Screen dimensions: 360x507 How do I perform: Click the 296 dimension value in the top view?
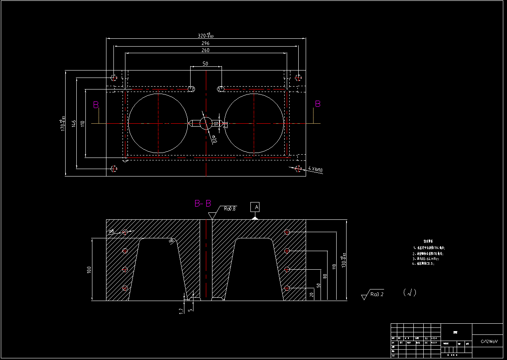click(x=205, y=43)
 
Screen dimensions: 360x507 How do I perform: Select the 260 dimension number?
click(x=205, y=50)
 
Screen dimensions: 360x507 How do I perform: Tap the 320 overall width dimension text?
click(x=205, y=35)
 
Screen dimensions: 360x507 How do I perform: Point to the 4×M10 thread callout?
click(x=315, y=169)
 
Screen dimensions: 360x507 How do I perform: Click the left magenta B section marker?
click(x=96, y=105)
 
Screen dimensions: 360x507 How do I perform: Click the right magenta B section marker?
click(x=318, y=104)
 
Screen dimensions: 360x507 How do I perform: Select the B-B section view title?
click(x=203, y=203)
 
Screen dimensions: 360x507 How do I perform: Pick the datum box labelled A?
click(x=256, y=206)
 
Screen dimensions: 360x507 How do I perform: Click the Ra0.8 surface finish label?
click(x=229, y=209)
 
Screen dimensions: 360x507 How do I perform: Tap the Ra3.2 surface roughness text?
click(x=377, y=294)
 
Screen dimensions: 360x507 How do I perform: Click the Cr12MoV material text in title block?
click(x=489, y=341)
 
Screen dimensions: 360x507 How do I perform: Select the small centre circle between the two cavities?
click(x=205, y=123)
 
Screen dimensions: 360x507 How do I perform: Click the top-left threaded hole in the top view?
click(x=114, y=78)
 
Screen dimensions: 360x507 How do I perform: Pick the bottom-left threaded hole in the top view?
click(x=114, y=168)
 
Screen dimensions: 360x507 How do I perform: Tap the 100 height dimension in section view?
click(x=89, y=270)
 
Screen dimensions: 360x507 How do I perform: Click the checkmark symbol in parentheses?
click(x=409, y=293)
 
